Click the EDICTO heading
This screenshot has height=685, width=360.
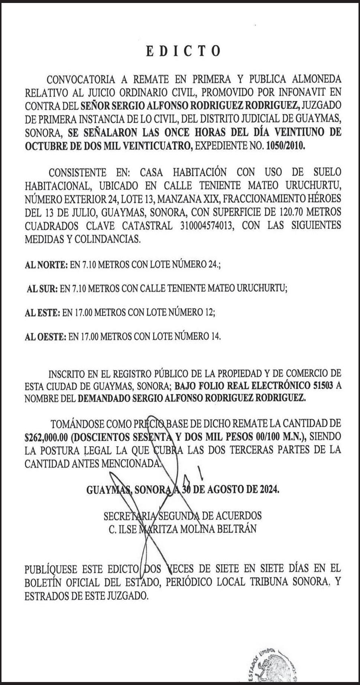183,51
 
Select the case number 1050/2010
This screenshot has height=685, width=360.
285,146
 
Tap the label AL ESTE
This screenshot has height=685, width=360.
42,313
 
